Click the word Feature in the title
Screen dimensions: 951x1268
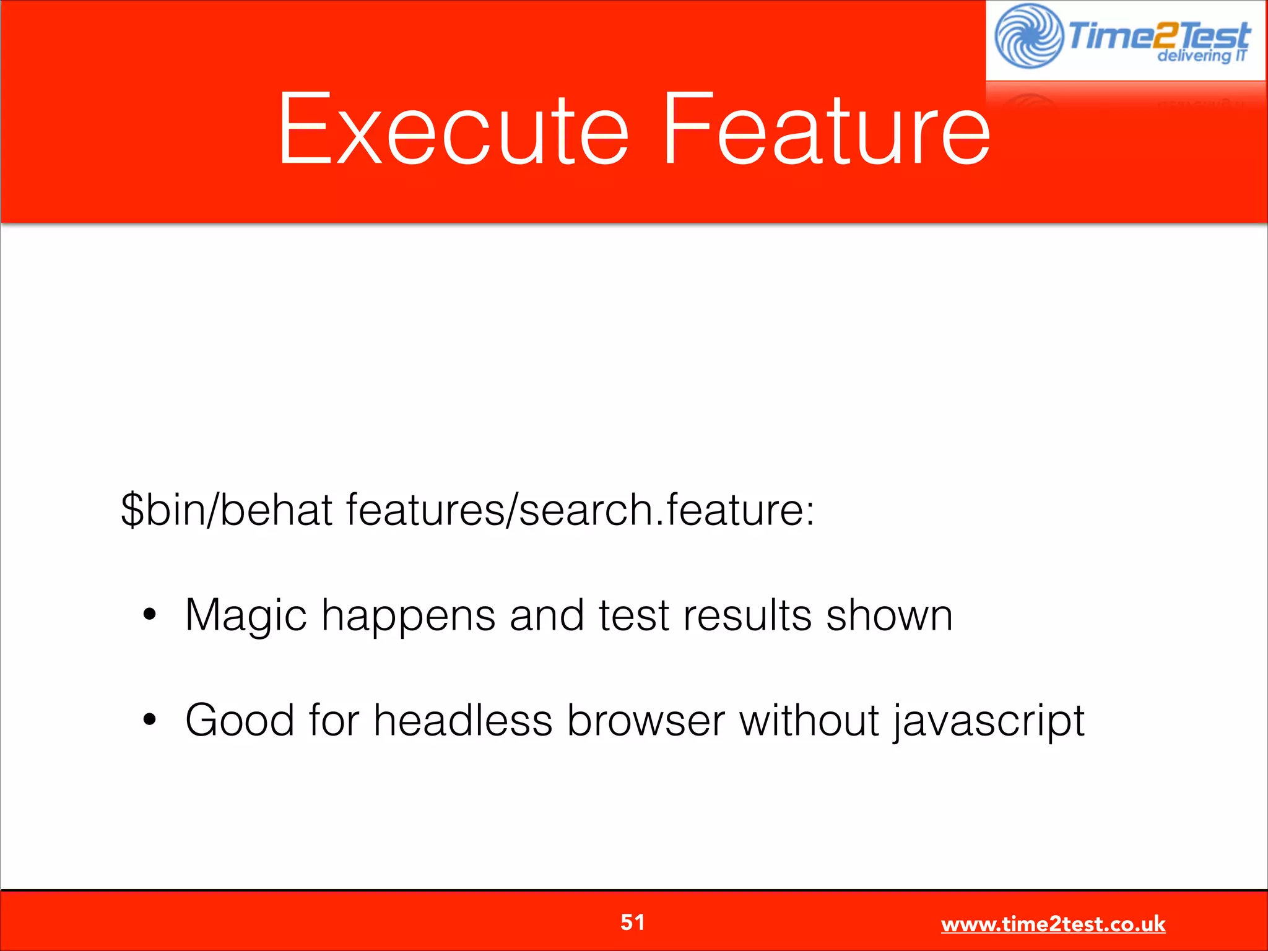[x=827, y=130]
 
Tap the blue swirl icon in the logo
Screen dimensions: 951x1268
[x=1028, y=36]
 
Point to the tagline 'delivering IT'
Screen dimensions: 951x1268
[x=1201, y=56]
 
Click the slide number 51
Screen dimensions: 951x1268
[x=633, y=923]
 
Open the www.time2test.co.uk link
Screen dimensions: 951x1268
[x=1053, y=924]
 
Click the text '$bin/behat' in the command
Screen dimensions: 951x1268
[x=227, y=510]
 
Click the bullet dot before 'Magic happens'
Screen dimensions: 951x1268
[x=149, y=615]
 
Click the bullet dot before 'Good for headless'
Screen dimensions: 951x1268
[x=149, y=720]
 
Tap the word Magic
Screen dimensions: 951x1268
[x=246, y=617]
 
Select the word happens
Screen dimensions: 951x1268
[x=408, y=617]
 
